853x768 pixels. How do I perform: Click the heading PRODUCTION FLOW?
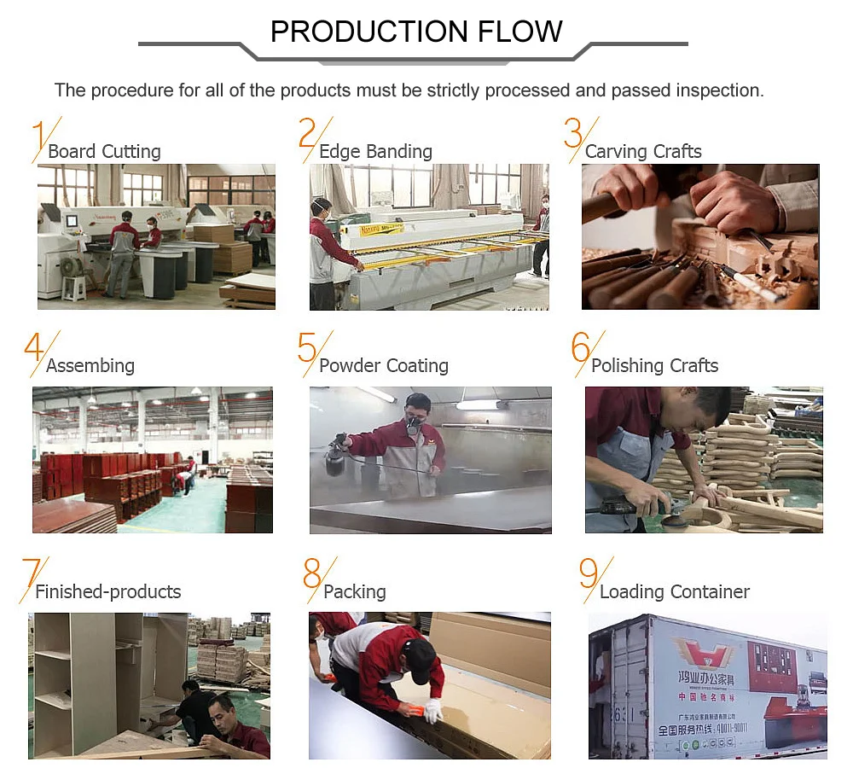416,32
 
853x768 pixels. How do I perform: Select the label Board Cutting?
104,152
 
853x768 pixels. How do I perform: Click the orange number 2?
308,134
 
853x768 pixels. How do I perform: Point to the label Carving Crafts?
643,152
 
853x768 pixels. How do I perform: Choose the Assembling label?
90,366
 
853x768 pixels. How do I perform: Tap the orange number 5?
307,348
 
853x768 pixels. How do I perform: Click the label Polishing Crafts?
654,366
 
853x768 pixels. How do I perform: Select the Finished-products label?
108,592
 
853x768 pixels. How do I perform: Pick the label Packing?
355,592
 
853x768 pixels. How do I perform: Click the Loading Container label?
675,592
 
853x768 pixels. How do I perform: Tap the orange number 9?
589,574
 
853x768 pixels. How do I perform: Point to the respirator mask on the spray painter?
415,420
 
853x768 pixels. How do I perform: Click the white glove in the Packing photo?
431,710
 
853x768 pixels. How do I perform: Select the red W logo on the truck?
704,653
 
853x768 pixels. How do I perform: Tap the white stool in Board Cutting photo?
74,288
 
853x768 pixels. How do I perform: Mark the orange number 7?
32,574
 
